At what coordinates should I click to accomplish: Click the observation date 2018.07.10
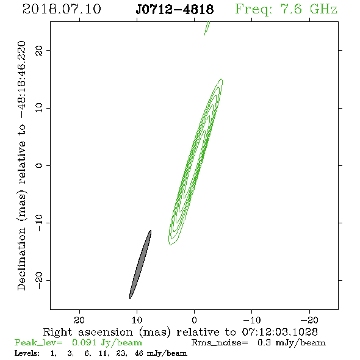(x=62, y=9)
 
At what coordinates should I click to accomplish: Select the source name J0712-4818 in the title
(x=175, y=10)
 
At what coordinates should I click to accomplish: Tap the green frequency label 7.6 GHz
(x=309, y=9)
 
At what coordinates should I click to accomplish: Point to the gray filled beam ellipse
(x=140, y=264)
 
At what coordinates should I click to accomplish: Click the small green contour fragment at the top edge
(x=207, y=28)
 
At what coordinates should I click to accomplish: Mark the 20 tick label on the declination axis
(x=39, y=50)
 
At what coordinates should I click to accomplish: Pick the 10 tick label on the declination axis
(x=39, y=108)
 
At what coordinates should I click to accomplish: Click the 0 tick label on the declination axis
(x=39, y=165)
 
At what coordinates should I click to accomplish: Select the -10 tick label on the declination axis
(x=39, y=223)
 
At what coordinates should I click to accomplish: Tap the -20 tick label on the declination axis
(x=39, y=280)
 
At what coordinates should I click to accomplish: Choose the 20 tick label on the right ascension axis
(x=79, y=320)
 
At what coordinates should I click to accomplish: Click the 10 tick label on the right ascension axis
(x=137, y=320)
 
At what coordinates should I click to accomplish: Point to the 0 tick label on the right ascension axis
(x=195, y=320)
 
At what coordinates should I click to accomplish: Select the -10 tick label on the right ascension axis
(x=252, y=320)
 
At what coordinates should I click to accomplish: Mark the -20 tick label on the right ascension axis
(x=309, y=320)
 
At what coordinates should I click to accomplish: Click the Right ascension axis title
(x=180, y=332)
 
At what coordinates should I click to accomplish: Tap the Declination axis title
(x=21, y=166)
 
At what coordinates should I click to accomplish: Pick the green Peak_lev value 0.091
(x=84, y=342)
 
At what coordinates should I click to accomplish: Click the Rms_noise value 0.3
(x=264, y=342)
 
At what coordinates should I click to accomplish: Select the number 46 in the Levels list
(x=139, y=353)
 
